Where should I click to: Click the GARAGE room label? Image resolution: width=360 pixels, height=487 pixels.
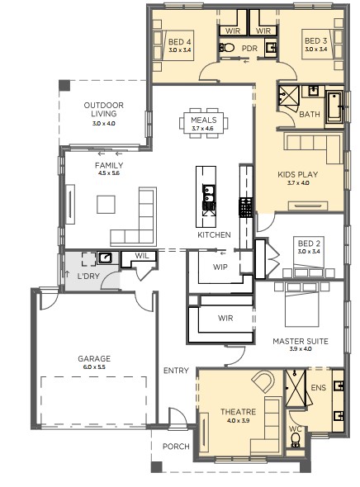94,359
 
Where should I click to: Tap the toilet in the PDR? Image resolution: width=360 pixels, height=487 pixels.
227,48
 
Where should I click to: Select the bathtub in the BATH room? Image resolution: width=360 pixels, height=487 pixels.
334,106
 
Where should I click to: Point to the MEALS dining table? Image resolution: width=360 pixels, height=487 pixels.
203,123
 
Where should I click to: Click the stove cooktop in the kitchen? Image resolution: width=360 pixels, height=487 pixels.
245,207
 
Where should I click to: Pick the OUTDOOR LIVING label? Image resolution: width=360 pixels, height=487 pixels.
104,109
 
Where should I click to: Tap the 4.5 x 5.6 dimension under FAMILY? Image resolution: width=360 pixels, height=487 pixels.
109,173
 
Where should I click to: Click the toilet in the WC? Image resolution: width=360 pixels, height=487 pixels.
296,439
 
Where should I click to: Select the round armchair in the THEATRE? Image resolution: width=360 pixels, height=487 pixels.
263,381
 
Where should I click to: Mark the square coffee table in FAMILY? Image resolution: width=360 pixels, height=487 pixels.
106,204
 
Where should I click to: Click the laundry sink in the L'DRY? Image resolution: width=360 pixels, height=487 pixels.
105,258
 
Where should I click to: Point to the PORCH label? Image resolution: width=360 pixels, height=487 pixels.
176,447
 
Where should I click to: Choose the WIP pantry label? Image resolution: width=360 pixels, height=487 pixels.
220,267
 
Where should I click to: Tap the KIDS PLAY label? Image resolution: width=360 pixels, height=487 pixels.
298,174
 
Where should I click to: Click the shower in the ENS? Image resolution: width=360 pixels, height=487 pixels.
296,388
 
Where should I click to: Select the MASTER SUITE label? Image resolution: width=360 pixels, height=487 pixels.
301,342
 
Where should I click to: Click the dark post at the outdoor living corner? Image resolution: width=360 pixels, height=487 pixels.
64,85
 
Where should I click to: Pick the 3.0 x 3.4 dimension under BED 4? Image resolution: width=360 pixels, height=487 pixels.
180,50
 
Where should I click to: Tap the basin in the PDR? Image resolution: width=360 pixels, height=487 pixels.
271,48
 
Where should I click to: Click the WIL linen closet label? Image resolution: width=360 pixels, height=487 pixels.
142,256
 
